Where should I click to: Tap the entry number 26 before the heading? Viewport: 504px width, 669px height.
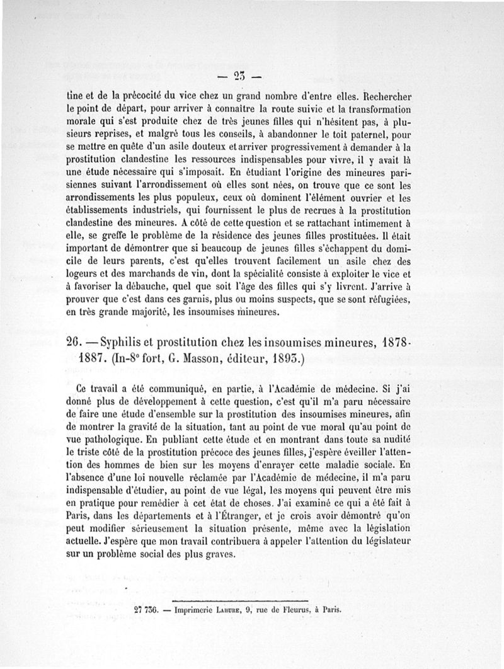point(76,343)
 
